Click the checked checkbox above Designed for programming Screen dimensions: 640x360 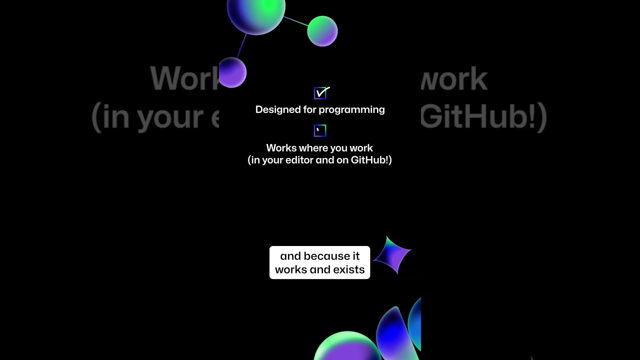320,93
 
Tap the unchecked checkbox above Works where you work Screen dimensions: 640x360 320,131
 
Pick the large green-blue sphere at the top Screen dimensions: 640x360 256,11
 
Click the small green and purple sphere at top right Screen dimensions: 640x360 322,31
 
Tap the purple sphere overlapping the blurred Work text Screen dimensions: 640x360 232,72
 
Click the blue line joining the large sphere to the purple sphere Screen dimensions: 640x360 241,45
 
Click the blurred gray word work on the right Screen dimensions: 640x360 455,79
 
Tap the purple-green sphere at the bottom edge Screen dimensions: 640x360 347,347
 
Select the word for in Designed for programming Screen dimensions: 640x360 310,109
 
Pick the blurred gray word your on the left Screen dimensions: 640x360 169,117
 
